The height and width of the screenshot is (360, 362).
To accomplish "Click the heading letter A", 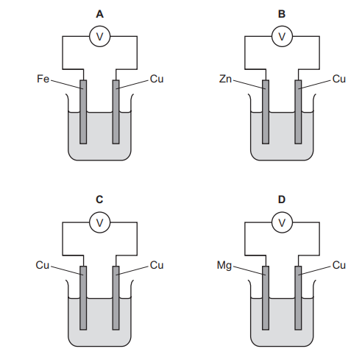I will (x=99, y=13).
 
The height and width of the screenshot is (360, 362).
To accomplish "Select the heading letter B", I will (x=282, y=13).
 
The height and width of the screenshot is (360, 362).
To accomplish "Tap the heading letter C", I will (x=99, y=199).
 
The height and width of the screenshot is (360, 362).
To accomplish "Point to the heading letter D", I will (x=282, y=199).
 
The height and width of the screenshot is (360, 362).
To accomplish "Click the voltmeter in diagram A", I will (x=99, y=35).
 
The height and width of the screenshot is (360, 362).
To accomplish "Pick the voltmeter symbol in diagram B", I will (x=282, y=35).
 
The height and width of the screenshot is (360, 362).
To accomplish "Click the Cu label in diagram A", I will (x=156, y=77).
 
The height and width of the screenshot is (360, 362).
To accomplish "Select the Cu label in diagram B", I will (x=338, y=77).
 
